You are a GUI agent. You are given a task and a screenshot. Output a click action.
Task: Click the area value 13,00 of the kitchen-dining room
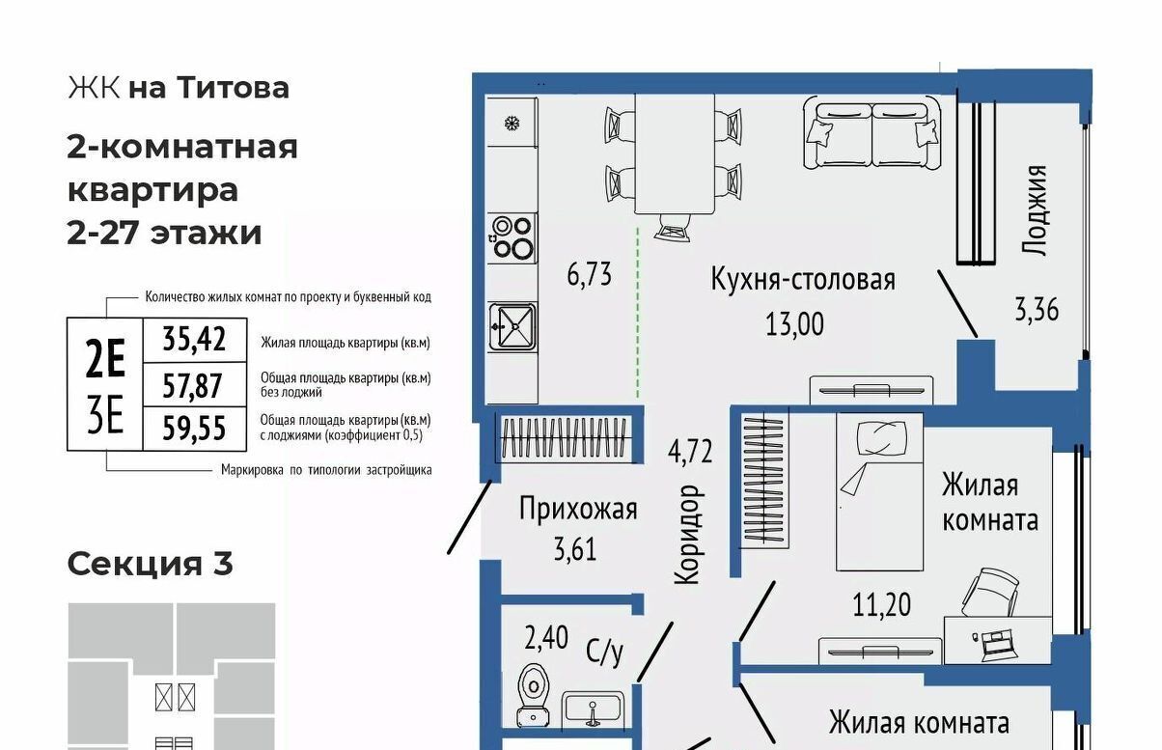click(794, 324)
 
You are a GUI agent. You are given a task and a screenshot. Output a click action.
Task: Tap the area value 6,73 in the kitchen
click(590, 274)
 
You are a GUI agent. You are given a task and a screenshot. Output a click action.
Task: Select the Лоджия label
click(1035, 210)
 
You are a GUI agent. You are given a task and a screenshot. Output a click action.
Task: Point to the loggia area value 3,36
click(1037, 310)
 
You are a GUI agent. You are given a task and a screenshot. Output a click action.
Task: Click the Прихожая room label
click(578, 509)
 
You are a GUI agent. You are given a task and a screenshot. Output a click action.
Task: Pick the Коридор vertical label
click(688, 535)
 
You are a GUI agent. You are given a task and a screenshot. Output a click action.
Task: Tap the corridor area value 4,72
click(690, 451)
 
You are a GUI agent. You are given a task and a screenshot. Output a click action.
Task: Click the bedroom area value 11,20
click(882, 605)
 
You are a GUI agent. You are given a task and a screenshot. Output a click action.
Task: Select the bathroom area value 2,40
click(546, 638)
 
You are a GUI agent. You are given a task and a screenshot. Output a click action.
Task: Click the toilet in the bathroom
click(534, 695)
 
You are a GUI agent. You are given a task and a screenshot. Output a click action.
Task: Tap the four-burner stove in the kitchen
click(512, 238)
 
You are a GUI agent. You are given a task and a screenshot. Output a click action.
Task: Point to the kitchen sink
click(512, 327)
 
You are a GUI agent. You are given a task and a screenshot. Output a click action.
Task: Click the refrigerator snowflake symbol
click(512, 124)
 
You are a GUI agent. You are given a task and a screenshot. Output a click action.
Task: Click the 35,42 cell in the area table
click(194, 340)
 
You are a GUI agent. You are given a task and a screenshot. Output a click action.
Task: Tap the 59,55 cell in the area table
click(194, 429)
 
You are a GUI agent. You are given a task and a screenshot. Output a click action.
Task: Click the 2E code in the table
click(105, 358)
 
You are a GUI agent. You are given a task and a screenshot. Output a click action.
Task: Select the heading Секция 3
click(151, 565)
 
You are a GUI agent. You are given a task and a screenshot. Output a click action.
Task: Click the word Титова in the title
click(234, 88)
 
